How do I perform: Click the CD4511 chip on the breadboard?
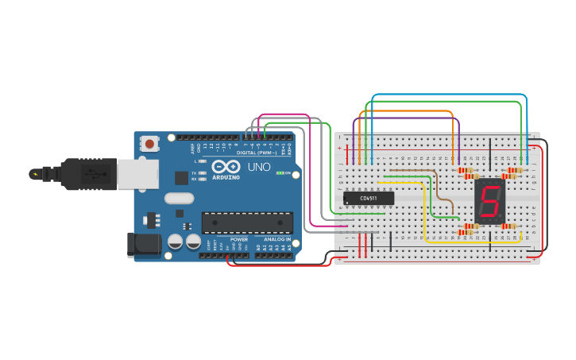point(369,198)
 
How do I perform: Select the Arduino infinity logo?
point(226,167)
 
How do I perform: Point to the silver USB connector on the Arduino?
point(137,173)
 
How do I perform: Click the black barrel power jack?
point(144,245)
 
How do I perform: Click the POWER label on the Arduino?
point(239,238)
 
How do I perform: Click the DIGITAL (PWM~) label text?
point(257,153)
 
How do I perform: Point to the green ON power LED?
point(278,172)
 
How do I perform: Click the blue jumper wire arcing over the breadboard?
point(449,95)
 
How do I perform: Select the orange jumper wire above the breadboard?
point(405,111)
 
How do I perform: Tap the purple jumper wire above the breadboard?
point(405,119)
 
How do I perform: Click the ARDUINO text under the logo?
point(226,178)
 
